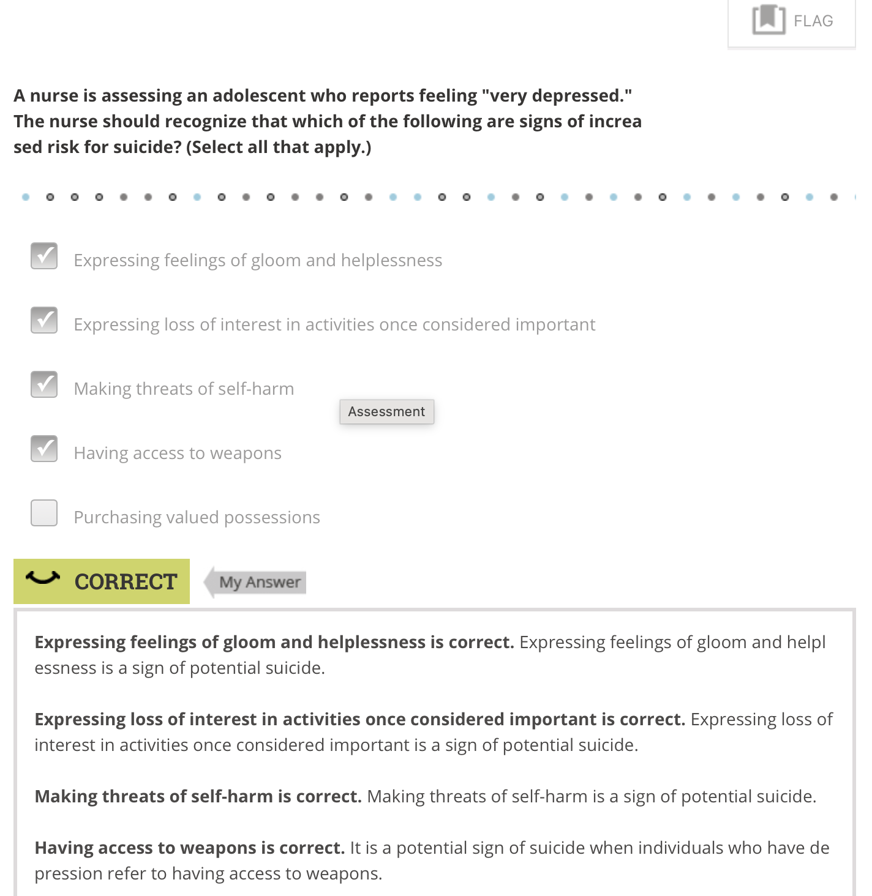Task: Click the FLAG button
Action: tap(791, 21)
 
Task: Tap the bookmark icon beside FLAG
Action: tap(769, 20)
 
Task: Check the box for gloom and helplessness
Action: tap(44, 256)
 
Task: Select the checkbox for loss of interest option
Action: tap(44, 320)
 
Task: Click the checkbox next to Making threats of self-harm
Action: tap(44, 384)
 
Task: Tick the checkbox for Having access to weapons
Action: tap(44, 449)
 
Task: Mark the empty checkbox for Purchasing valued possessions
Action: tap(44, 513)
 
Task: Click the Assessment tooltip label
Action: tap(386, 412)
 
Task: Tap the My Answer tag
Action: tap(259, 582)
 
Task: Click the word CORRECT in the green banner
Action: tap(126, 582)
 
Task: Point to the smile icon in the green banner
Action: tap(43, 577)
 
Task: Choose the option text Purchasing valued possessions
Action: tap(197, 518)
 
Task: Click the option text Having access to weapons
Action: tap(178, 454)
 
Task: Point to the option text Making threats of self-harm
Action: tap(184, 389)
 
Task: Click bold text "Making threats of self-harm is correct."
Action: tap(198, 797)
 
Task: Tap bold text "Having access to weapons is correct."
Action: tap(189, 848)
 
